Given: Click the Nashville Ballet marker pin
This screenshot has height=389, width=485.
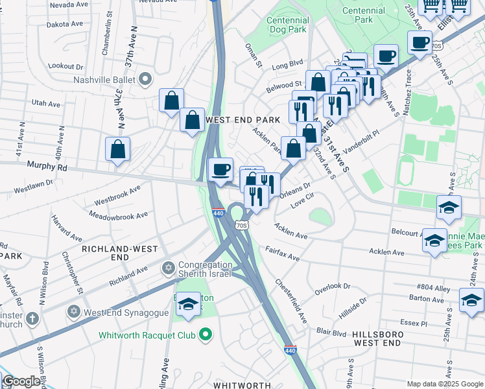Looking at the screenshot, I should [x=145, y=80].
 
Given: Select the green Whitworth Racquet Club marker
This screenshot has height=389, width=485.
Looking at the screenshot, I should [x=206, y=335].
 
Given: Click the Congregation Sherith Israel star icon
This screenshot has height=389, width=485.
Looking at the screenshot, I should [x=169, y=268].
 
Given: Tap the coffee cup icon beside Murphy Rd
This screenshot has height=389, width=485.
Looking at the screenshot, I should [x=222, y=170].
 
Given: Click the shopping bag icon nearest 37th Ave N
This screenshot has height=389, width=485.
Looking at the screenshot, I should [x=117, y=149].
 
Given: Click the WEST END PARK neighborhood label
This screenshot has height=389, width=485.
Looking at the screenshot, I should [x=242, y=120].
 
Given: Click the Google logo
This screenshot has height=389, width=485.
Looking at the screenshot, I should [x=21, y=382].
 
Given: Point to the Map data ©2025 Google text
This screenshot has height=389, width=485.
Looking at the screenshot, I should [x=445, y=384].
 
